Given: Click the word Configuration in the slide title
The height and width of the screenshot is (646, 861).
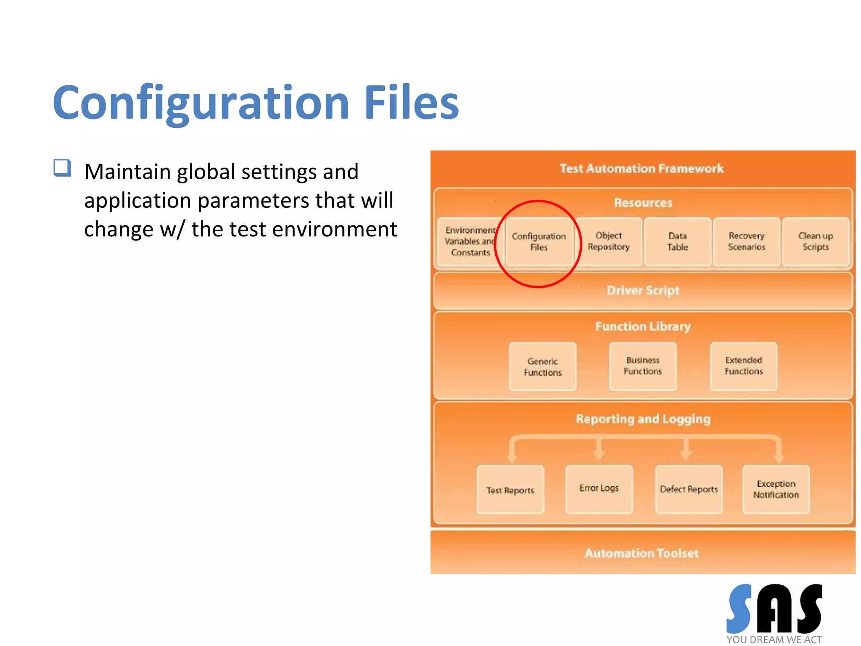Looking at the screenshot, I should tap(201, 103).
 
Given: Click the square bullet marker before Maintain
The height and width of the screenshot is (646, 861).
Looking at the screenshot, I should tap(62, 168).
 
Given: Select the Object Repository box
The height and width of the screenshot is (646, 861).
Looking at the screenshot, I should tap(608, 241).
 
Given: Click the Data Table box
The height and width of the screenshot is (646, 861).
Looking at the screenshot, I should tap(677, 241).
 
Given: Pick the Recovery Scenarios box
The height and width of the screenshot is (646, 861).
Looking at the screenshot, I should tap(746, 241).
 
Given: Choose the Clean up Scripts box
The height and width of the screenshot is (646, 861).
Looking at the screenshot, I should tap(815, 241).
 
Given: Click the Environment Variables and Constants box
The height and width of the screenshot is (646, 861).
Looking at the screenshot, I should tap(469, 241).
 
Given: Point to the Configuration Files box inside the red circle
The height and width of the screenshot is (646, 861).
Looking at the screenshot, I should tap(539, 242).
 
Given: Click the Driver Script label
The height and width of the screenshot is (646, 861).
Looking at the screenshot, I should tap(643, 291).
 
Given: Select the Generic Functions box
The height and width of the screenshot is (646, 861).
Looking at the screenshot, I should tap(542, 367).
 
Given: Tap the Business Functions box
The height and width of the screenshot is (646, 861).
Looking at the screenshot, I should tap(642, 366).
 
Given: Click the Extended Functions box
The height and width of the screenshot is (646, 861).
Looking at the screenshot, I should tap(743, 366).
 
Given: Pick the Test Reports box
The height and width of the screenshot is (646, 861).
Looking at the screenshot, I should tap(510, 490).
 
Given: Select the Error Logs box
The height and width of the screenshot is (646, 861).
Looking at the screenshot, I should tap(599, 488).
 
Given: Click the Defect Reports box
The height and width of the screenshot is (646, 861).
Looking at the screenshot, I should tap(689, 489).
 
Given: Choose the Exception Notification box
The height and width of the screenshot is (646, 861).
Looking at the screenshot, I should tap(776, 489).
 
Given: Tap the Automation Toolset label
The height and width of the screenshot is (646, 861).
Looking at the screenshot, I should tap(642, 553).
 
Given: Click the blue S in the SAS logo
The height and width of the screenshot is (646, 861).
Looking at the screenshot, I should tap(739, 609).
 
